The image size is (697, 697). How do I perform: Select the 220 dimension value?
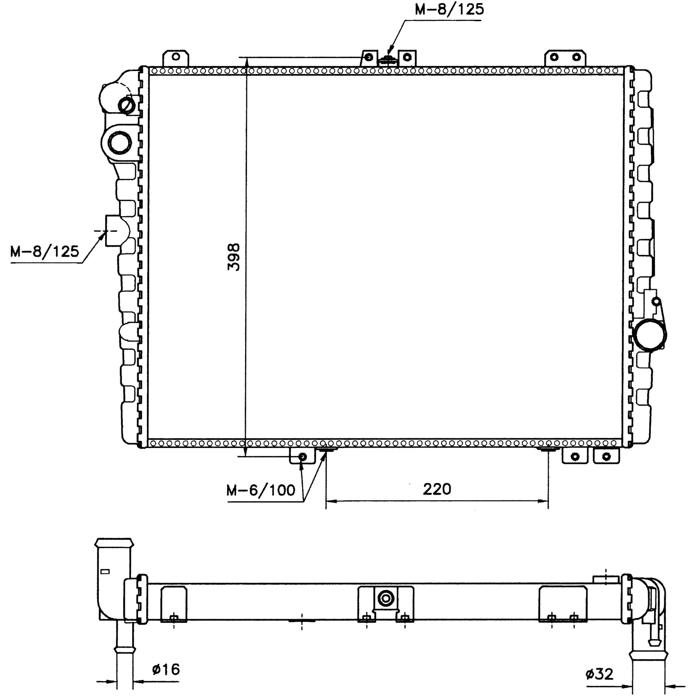coord(437,489)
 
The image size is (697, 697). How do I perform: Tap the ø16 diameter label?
coord(166,669)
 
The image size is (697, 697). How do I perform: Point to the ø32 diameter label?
coord(599,674)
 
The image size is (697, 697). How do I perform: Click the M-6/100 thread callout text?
coord(261,490)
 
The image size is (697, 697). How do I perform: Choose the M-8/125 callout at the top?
coord(449,9)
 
